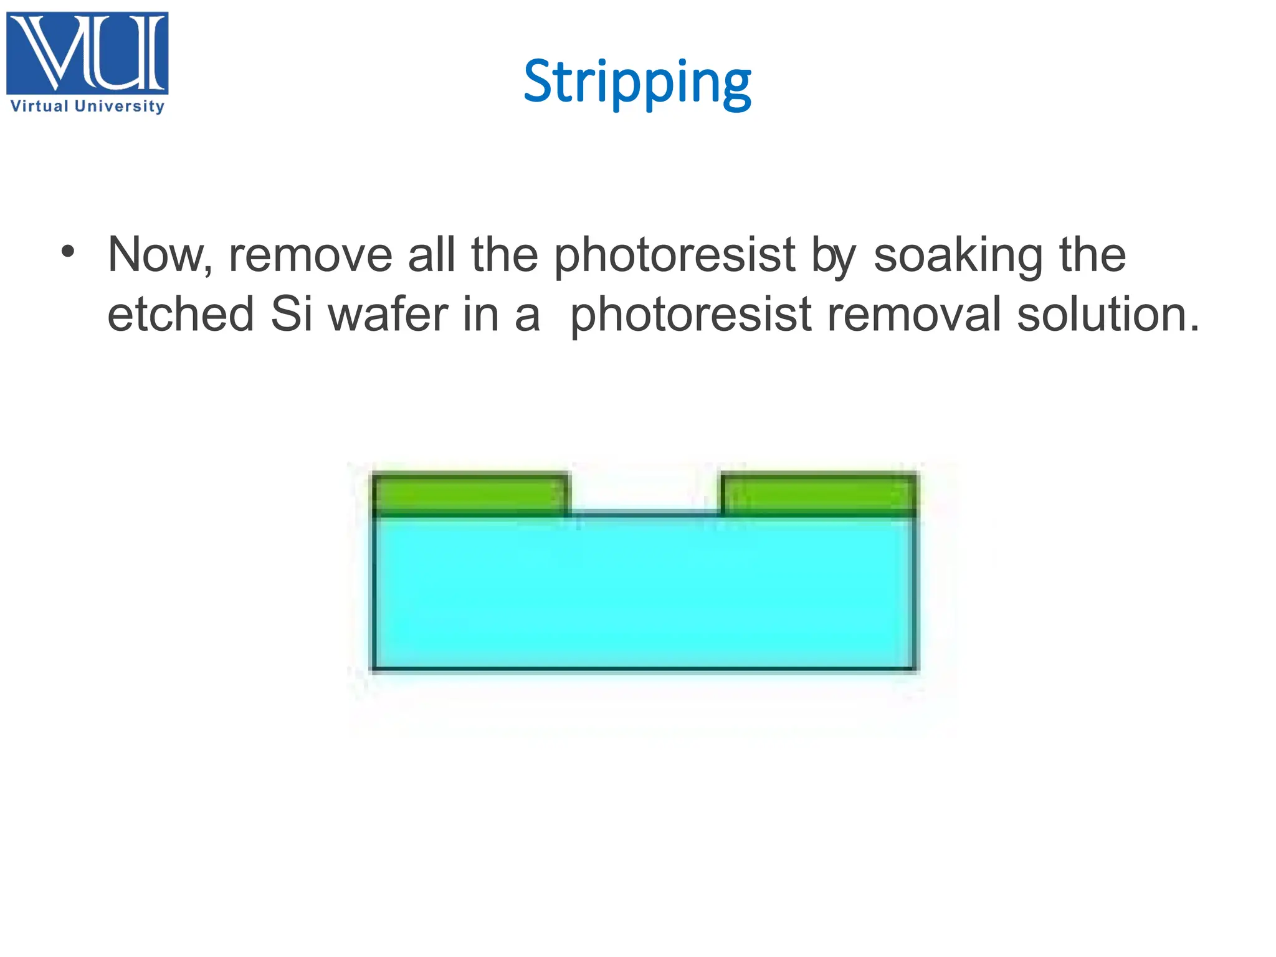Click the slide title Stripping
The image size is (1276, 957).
(x=637, y=82)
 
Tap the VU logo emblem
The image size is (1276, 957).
(x=87, y=54)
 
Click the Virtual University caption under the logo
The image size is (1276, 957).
(x=87, y=107)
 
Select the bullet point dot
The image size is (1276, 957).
(x=68, y=252)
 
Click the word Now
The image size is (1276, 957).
(x=159, y=255)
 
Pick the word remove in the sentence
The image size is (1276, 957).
(x=310, y=255)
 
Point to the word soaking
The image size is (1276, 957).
(x=958, y=255)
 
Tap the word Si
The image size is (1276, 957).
(x=291, y=314)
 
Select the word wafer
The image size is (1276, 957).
(x=388, y=314)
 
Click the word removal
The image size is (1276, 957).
(x=914, y=314)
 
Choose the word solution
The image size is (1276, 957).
(x=1108, y=314)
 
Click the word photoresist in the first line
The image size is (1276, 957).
(x=674, y=255)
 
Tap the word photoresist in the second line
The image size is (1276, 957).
(x=690, y=314)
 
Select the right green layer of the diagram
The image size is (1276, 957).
(x=819, y=495)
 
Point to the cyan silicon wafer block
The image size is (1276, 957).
(x=644, y=592)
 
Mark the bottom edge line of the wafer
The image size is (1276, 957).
(x=644, y=670)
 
